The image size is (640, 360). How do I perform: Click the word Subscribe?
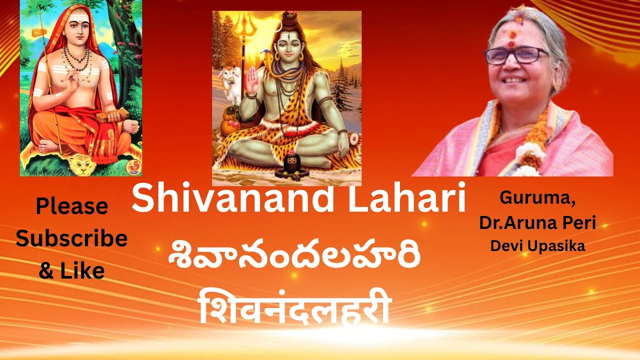71,239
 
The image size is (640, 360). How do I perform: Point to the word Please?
71,206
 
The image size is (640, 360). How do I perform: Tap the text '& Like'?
71,270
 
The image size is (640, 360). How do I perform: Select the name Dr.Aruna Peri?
537,223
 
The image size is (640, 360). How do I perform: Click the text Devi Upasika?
537,246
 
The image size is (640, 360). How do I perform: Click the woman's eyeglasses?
515,54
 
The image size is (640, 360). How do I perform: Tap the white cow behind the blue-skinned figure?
229,83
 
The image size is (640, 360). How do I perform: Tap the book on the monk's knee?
110,116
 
